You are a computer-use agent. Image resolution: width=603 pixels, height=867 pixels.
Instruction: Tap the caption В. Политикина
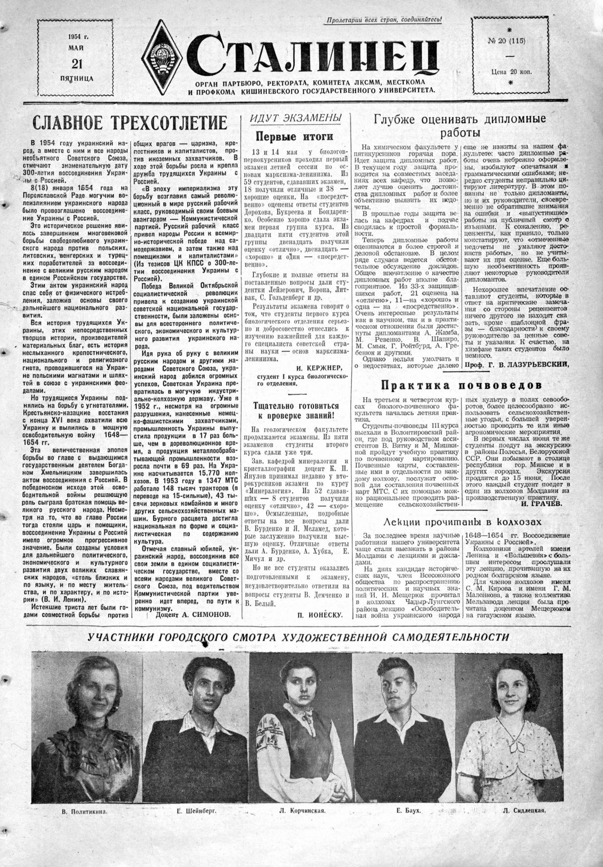point(84,811)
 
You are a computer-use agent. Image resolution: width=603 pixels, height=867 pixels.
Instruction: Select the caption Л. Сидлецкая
point(523,811)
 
